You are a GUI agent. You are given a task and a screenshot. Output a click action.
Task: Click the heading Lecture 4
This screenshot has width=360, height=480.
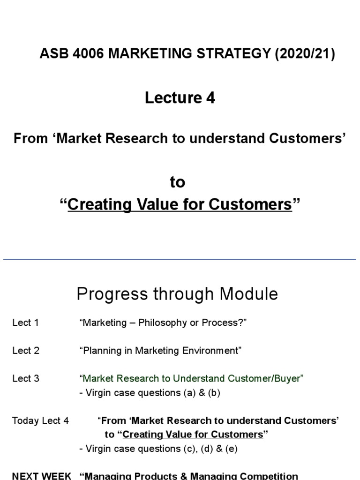coord(180,97)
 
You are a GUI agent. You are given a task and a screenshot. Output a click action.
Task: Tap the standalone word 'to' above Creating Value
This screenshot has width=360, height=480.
coord(177,182)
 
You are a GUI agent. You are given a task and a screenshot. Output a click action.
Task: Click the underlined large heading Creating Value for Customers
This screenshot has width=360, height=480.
coord(180,205)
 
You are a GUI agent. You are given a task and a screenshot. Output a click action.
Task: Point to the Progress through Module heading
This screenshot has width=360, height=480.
coord(177,294)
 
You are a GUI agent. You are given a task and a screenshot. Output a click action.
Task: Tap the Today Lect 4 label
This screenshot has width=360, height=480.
coord(40,420)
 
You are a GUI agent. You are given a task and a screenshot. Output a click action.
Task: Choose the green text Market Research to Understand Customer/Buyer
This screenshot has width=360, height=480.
coord(192,379)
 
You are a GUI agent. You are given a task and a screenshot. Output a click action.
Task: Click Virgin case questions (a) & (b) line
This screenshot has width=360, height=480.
coord(150,393)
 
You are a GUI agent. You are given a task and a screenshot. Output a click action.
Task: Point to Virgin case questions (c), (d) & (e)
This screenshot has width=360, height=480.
coord(158,449)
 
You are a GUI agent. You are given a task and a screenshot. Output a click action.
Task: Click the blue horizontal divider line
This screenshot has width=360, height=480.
coord(180,259)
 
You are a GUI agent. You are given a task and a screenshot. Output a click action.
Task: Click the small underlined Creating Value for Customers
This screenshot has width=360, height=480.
coord(193,435)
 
